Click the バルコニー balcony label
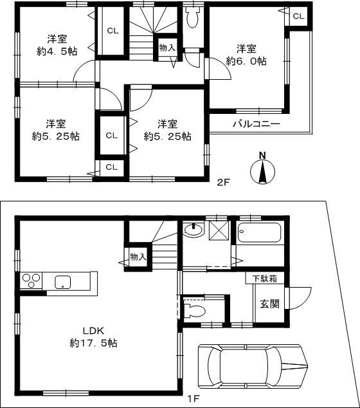tap(256, 124)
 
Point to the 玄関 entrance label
tap(270, 303)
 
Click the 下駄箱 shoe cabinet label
tap(264, 279)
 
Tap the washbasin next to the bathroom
tap(193, 230)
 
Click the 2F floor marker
tap(222, 182)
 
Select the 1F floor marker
tap(193, 398)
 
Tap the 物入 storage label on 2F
tap(166, 48)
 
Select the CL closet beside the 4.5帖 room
tap(113, 31)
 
